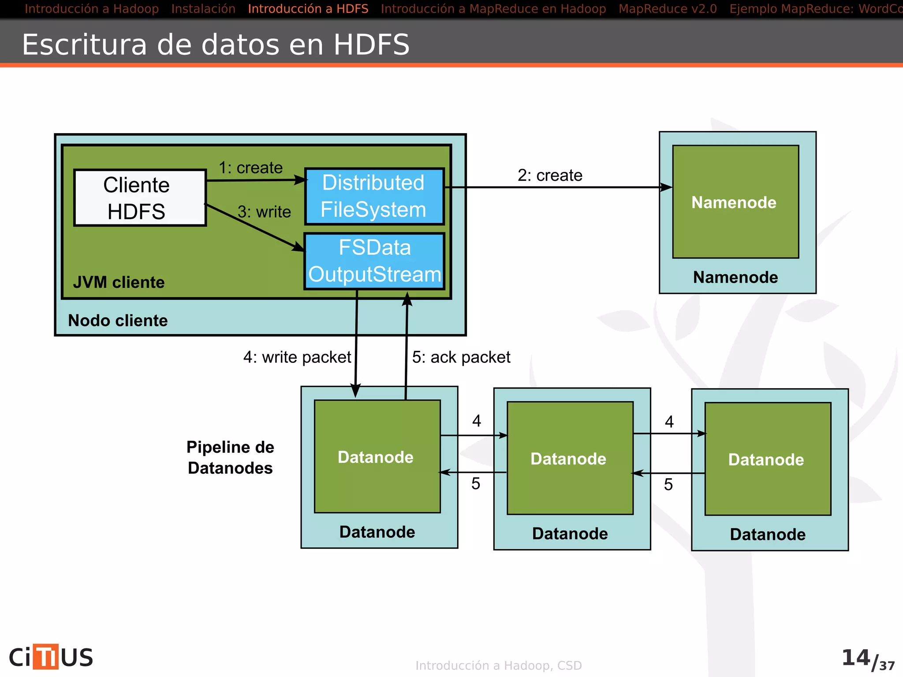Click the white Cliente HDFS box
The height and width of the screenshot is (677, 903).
pyautogui.click(x=140, y=198)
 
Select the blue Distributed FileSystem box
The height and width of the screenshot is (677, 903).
pyautogui.click(x=374, y=196)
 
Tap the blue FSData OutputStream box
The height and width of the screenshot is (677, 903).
pyautogui.click(x=374, y=261)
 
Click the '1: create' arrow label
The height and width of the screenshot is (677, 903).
pyautogui.click(x=250, y=168)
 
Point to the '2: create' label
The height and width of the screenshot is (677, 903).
pyautogui.click(x=550, y=175)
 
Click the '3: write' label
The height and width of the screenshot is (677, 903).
pyautogui.click(x=264, y=212)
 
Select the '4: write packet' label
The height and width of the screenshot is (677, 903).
pyautogui.click(x=297, y=357)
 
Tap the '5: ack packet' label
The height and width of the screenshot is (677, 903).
pyautogui.click(x=461, y=357)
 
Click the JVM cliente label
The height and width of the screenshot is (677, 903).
pyautogui.click(x=119, y=282)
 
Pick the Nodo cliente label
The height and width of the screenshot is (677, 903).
pyautogui.click(x=118, y=320)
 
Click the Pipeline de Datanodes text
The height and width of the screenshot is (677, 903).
pyautogui.click(x=230, y=458)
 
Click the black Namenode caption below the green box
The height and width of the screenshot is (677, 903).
pyautogui.click(x=735, y=277)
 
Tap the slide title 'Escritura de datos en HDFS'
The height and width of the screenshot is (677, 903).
pyautogui.click(x=216, y=45)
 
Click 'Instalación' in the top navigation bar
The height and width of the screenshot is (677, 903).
pyautogui.click(x=203, y=9)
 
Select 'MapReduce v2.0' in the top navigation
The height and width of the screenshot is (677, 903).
pyautogui.click(x=668, y=9)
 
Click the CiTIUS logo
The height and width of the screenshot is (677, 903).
pyautogui.click(x=51, y=657)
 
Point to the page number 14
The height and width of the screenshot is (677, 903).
pyautogui.click(x=855, y=658)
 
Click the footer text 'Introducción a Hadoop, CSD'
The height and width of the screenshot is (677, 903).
pyautogui.click(x=498, y=666)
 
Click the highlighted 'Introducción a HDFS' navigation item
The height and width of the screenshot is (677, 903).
pyautogui.click(x=308, y=9)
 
